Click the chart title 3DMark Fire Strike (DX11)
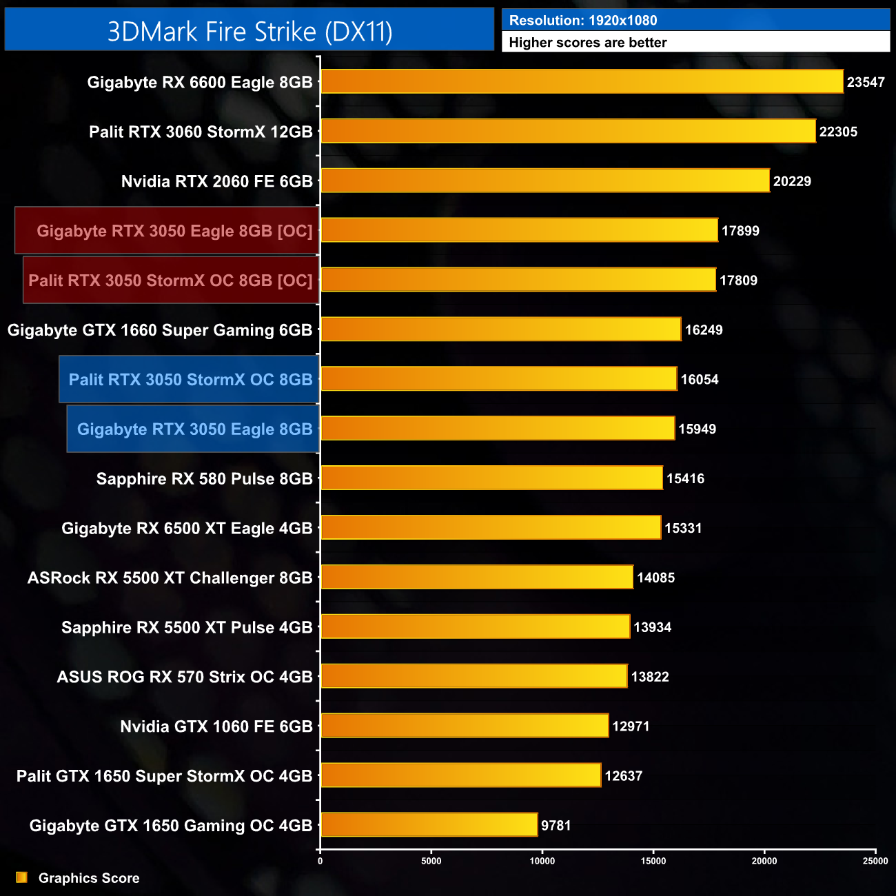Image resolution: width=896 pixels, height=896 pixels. click(x=250, y=32)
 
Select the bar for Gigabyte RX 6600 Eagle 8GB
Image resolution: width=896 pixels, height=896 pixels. click(x=582, y=81)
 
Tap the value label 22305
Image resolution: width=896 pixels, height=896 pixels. click(x=838, y=132)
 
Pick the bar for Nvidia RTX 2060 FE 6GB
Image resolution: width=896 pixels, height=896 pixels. click(x=544, y=181)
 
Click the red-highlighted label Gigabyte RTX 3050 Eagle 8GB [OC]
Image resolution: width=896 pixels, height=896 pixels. click(x=174, y=231)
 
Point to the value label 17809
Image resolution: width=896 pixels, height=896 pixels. click(x=738, y=281)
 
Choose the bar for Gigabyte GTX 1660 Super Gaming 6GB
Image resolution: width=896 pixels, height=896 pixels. click(x=500, y=329)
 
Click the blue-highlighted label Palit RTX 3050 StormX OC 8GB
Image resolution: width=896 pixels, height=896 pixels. click(x=190, y=380)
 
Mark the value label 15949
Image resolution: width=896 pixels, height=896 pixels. click(x=697, y=429)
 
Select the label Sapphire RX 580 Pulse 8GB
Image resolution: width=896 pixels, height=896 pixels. click(x=204, y=479)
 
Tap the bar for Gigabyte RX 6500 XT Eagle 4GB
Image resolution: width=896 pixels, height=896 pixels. click(x=491, y=528)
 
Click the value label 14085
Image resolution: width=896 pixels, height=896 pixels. click(x=655, y=578)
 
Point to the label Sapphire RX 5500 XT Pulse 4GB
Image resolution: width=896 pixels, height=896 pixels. click(x=187, y=627)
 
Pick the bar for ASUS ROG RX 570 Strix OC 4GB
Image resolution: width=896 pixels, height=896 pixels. click(x=474, y=677)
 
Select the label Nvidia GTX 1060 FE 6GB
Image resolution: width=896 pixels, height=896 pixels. click(x=216, y=726)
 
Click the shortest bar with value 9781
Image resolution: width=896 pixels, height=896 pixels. click(x=429, y=825)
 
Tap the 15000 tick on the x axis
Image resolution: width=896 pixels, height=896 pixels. click(x=653, y=861)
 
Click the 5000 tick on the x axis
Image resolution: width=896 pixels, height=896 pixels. click(x=431, y=861)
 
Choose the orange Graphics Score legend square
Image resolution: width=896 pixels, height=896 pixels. click(x=22, y=877)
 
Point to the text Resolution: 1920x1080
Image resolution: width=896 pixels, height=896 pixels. click(x=582, y=21)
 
